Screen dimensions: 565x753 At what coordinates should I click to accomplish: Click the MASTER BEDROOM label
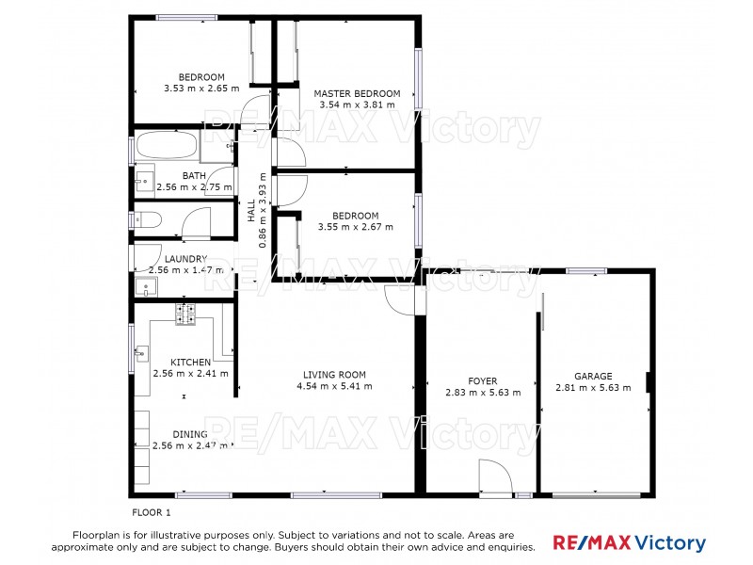[x=357, y=93]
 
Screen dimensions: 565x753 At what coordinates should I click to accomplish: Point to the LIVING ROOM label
[x=334, y=374]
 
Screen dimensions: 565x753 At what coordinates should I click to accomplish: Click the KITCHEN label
[x=190, y=362]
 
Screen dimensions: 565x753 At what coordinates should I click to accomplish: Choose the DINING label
[x=189, y=434]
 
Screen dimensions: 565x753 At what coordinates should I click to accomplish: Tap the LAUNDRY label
[x=184, y=259]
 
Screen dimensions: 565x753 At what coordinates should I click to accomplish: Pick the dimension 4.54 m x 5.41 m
[x=334, y=386]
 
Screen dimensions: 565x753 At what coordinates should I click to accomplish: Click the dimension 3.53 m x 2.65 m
[x=201, y=89]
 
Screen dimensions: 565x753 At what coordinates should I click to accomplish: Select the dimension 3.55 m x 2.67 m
[x=356, y=227]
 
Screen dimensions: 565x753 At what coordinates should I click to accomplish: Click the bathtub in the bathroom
[x=167, y=147]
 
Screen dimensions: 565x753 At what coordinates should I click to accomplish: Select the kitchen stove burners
[x=185, y=315]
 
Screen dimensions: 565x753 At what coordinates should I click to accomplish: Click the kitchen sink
[x=142, y=354]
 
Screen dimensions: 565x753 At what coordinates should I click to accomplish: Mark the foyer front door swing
[x=493, y=476]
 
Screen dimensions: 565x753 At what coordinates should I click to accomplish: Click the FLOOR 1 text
[x=151, y=512]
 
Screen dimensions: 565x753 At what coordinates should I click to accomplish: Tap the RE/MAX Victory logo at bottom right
[x=629, y=543]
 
